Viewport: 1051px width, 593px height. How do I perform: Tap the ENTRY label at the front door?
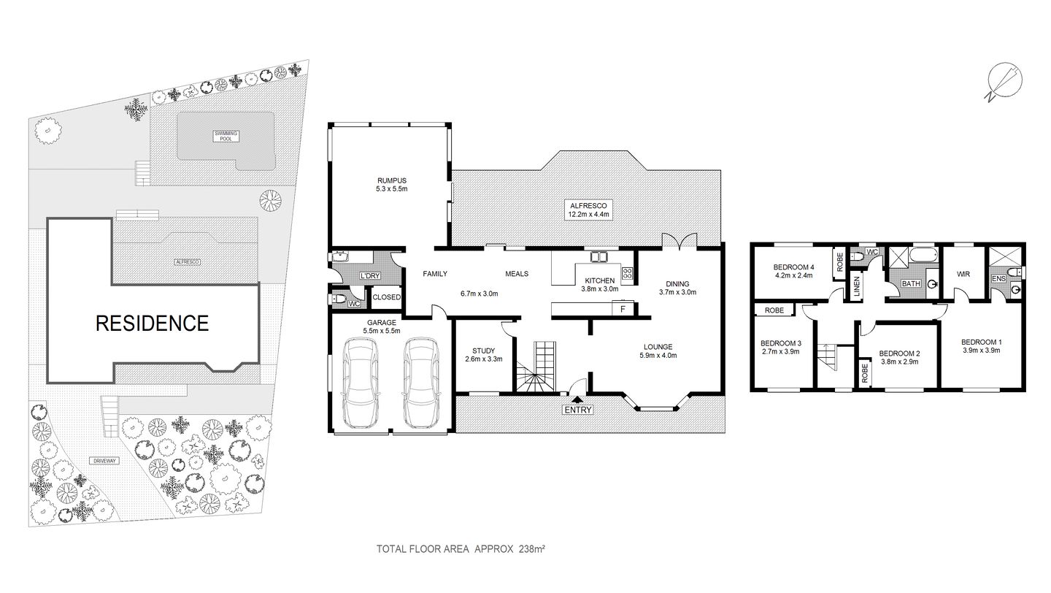[x=577, y=410]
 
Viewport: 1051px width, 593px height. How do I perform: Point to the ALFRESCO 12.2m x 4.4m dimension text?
[x=590, y=215]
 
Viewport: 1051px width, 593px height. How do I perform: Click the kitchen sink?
[x=599, y=256]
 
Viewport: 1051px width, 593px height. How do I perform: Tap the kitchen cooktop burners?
[x=627, y=273]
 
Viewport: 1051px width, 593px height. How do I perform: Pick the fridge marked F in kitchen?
[x=623, y=309]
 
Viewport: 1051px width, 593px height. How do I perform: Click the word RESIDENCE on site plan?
[x=152, y=323]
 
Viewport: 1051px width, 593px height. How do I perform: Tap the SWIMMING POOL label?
[x=225, y=135]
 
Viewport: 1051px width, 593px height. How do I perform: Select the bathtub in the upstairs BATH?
[x=923, y=256]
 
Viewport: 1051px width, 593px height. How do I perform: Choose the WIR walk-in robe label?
[x=962, y=275]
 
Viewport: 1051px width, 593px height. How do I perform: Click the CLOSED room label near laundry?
[x=386, y=297]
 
